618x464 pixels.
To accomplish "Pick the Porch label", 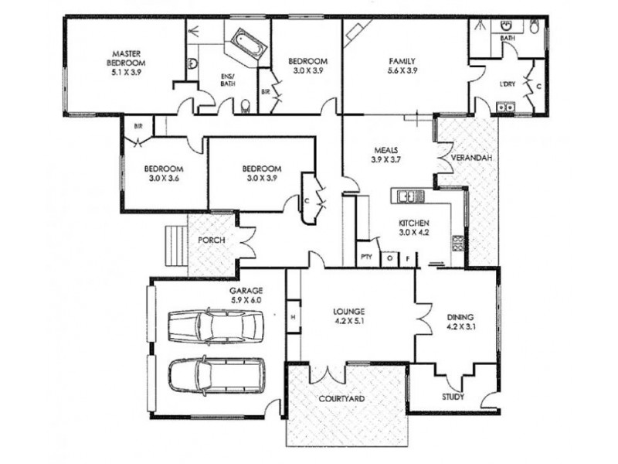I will pos(212,240).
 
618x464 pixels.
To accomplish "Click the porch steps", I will pos(176,245).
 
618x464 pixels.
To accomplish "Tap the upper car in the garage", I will pos(215,327).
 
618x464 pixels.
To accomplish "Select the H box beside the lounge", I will pos(294,316).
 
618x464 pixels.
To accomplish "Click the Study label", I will pos(453,397).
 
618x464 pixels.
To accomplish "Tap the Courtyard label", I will pos(341,399).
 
